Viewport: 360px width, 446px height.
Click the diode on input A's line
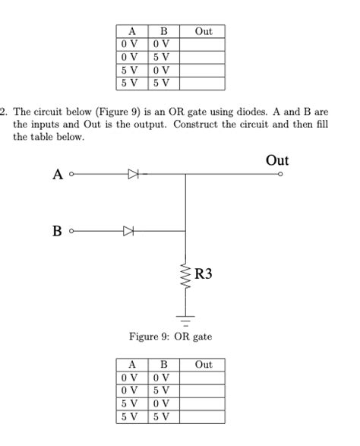pos(134,175)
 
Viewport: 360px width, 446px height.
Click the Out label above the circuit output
pos(277,160)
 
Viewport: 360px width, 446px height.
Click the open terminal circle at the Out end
pos(280,175)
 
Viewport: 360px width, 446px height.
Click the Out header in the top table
pos(204,31)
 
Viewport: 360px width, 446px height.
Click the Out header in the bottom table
pos(204,365)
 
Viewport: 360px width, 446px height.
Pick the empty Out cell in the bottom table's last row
pos(204,417)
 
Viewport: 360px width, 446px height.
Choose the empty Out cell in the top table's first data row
pos(204,44)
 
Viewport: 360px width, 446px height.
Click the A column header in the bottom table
pos(132,365)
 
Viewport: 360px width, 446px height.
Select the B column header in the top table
pos(163,31)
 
